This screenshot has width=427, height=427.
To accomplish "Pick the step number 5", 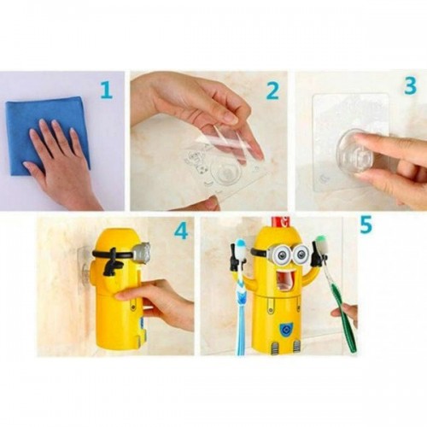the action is [366, 224].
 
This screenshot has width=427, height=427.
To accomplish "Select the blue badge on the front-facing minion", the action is [284, 330].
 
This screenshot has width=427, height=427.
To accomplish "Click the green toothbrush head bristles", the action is [321, 243].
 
